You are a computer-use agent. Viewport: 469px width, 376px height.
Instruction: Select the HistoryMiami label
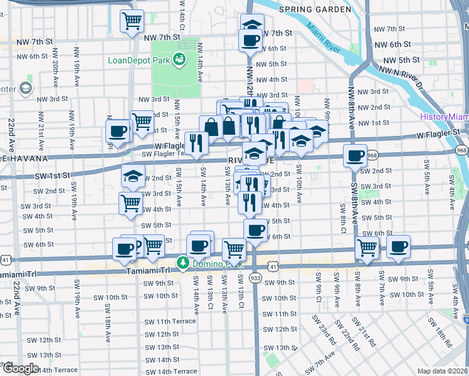[x=444, y=117]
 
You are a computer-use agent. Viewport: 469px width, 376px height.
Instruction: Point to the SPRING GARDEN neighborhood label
[x=315, y=9]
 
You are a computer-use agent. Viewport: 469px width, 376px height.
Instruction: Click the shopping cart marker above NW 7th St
[x=132, y=21]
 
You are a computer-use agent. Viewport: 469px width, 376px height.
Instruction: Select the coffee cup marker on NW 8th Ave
[x=356, y=155]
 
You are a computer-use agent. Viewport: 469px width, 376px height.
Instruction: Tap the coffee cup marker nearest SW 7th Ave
[x=398, y=246]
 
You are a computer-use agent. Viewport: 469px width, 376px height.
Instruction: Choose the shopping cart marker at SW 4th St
[x=130, y=202]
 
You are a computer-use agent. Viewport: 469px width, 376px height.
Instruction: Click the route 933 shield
[x=255, y=277]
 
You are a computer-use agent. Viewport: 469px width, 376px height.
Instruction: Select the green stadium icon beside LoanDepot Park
[x=180, y=60]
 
